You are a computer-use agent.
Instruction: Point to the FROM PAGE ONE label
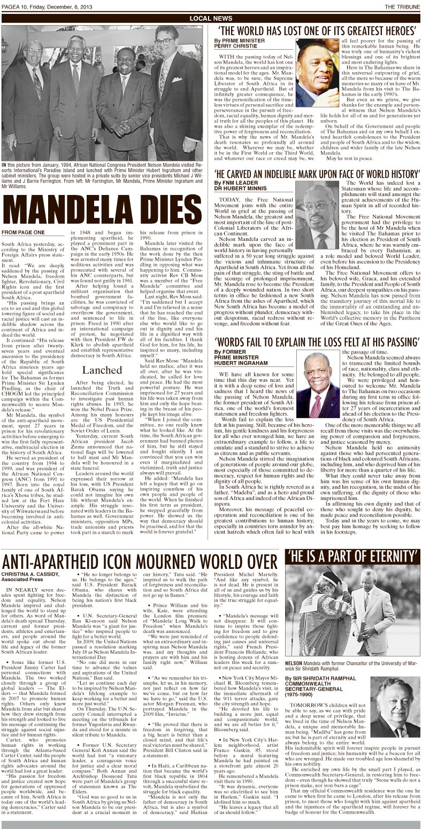point(23,232)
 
